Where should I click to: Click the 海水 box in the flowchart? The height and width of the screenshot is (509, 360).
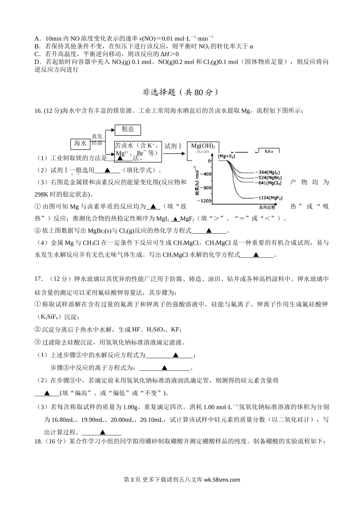[x=80, y=144]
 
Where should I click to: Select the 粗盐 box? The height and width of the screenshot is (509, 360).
[x=128, y=130]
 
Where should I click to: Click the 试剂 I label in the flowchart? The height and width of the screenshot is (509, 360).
[x=173, y=146]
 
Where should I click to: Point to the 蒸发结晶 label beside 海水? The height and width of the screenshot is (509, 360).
[x=97, y=139]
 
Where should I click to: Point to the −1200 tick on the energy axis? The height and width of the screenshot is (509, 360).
[x=204, y=201]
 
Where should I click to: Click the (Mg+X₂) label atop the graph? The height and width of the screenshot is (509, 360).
[x=227, y=156]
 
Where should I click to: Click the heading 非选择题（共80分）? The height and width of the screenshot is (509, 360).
[x=180, y=92]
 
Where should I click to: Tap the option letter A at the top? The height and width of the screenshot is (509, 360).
[x=36, y=39]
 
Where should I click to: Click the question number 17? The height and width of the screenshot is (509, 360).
[x=38, y=279]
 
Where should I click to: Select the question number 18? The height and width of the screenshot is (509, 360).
[x=38, y=442]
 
